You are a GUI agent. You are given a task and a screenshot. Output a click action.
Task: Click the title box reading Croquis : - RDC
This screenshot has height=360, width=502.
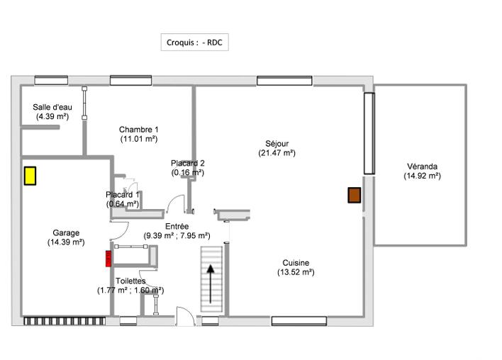pos(195,42)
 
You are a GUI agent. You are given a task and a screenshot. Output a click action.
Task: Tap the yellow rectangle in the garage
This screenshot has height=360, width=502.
pos(30,175)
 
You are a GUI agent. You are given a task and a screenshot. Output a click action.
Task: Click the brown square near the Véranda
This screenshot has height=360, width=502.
pos(355,196)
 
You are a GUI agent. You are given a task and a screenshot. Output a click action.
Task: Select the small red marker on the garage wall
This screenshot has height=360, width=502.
pos(108,259)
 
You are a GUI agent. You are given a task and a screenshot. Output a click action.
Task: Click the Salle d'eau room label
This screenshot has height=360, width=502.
pos(52,107)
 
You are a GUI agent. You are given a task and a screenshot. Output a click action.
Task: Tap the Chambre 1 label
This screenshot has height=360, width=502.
pos(138,130)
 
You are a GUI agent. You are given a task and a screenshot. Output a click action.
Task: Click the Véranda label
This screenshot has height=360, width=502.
pos(423,167)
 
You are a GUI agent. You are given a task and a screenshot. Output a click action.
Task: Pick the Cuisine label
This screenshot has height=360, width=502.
pos(296,263)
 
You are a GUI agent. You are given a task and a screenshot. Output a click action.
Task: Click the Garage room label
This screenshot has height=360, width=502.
pos(66,232)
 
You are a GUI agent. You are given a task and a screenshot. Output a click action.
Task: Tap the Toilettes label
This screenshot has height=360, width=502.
pos(130,281)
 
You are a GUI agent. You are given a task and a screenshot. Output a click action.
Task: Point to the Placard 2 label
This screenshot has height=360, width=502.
pos(188,163)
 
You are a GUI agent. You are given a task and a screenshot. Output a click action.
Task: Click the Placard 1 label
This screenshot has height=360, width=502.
pos(123,195)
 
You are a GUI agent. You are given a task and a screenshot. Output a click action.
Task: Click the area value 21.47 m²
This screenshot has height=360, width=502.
pos(277,152)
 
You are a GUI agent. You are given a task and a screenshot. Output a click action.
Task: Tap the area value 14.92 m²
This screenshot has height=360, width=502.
pos(423,176)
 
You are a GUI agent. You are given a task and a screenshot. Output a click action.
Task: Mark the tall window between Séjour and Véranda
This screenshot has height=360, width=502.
pos(369,133)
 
